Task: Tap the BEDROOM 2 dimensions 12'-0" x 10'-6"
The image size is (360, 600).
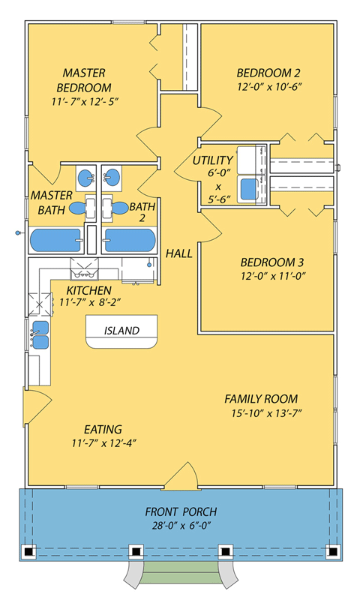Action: (x=268, y=87)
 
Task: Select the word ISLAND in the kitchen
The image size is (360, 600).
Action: (x=121, y=330)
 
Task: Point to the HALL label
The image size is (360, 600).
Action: (x=179, y=253)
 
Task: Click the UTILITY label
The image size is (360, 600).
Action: (x=212, y=160)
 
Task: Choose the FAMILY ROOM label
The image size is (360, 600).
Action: (x=261, y=399)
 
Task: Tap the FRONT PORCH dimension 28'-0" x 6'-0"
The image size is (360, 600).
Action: (x=181, y=526)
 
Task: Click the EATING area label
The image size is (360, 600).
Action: (x=103, y=430)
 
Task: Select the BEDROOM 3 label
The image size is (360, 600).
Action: (x=271, y=262)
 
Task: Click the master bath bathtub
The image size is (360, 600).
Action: (x=57, y=241)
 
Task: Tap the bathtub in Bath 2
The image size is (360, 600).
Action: (x=130, y=241)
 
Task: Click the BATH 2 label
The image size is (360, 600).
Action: (x=142, y=212)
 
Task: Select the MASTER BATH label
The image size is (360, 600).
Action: (x=51, y=202)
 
